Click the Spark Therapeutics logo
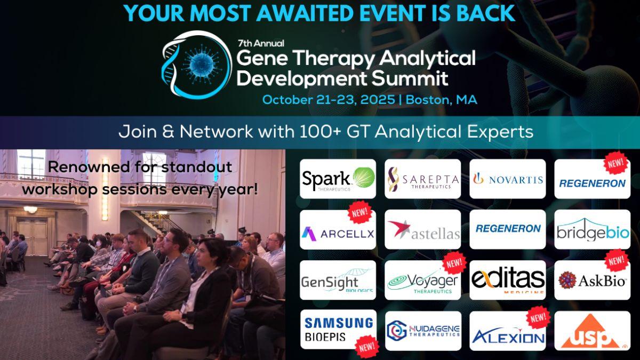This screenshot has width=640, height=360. click(x=338, y=179)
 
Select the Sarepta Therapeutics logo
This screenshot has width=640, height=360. click(x=422, y=179)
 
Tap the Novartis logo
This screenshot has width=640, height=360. click(x=507, y=179)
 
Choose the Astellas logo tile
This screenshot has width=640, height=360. click(x=422, y=229)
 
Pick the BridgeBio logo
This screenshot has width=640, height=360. click(x=593, y=229)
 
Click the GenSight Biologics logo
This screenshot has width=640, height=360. click(x=338, y=280)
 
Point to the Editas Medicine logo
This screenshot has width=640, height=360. click(x=507, y=280)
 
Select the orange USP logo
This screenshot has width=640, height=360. click(x=593, y=331)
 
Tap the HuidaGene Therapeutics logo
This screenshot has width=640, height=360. click(x=423, y=331)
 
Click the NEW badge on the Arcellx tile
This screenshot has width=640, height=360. click(x=359, y=212)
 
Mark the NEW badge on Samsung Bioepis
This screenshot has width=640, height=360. click(x=367, y=347)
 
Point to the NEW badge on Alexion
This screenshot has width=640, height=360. click(x=538, y=317)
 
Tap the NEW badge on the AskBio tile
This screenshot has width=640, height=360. click(x=617, y=261)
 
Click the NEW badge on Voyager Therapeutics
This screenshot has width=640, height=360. click(x=454, y=263)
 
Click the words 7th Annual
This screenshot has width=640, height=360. click(x=261, y=43)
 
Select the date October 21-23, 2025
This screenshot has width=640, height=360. click(x=329, y=100)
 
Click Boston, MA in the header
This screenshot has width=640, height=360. click(x=442, y=100)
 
